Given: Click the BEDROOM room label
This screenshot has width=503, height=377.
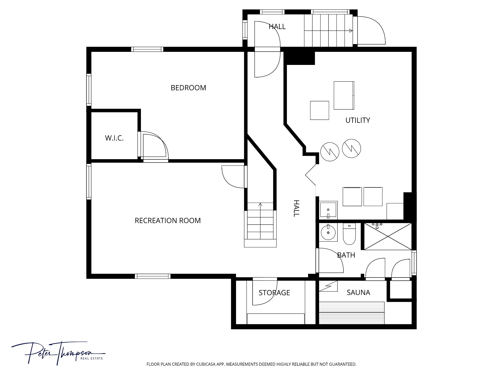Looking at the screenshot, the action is coord(188,88).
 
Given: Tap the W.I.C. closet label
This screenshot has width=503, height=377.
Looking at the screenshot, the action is coord(114,138).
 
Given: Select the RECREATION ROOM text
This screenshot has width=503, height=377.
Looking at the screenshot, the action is coord(168,220).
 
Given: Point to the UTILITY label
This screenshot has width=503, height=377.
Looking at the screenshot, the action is coord(358,120).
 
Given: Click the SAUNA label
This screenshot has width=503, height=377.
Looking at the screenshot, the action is coord(358,292).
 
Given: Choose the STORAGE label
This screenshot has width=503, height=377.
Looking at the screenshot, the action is coord(274,292).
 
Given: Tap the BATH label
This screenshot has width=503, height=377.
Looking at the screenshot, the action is coord(346,255).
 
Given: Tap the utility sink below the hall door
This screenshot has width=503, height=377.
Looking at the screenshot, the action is coord(328,210).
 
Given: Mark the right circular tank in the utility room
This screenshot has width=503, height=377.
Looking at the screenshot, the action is coord(351,148).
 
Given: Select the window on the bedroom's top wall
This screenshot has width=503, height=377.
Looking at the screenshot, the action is coord(147,49).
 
